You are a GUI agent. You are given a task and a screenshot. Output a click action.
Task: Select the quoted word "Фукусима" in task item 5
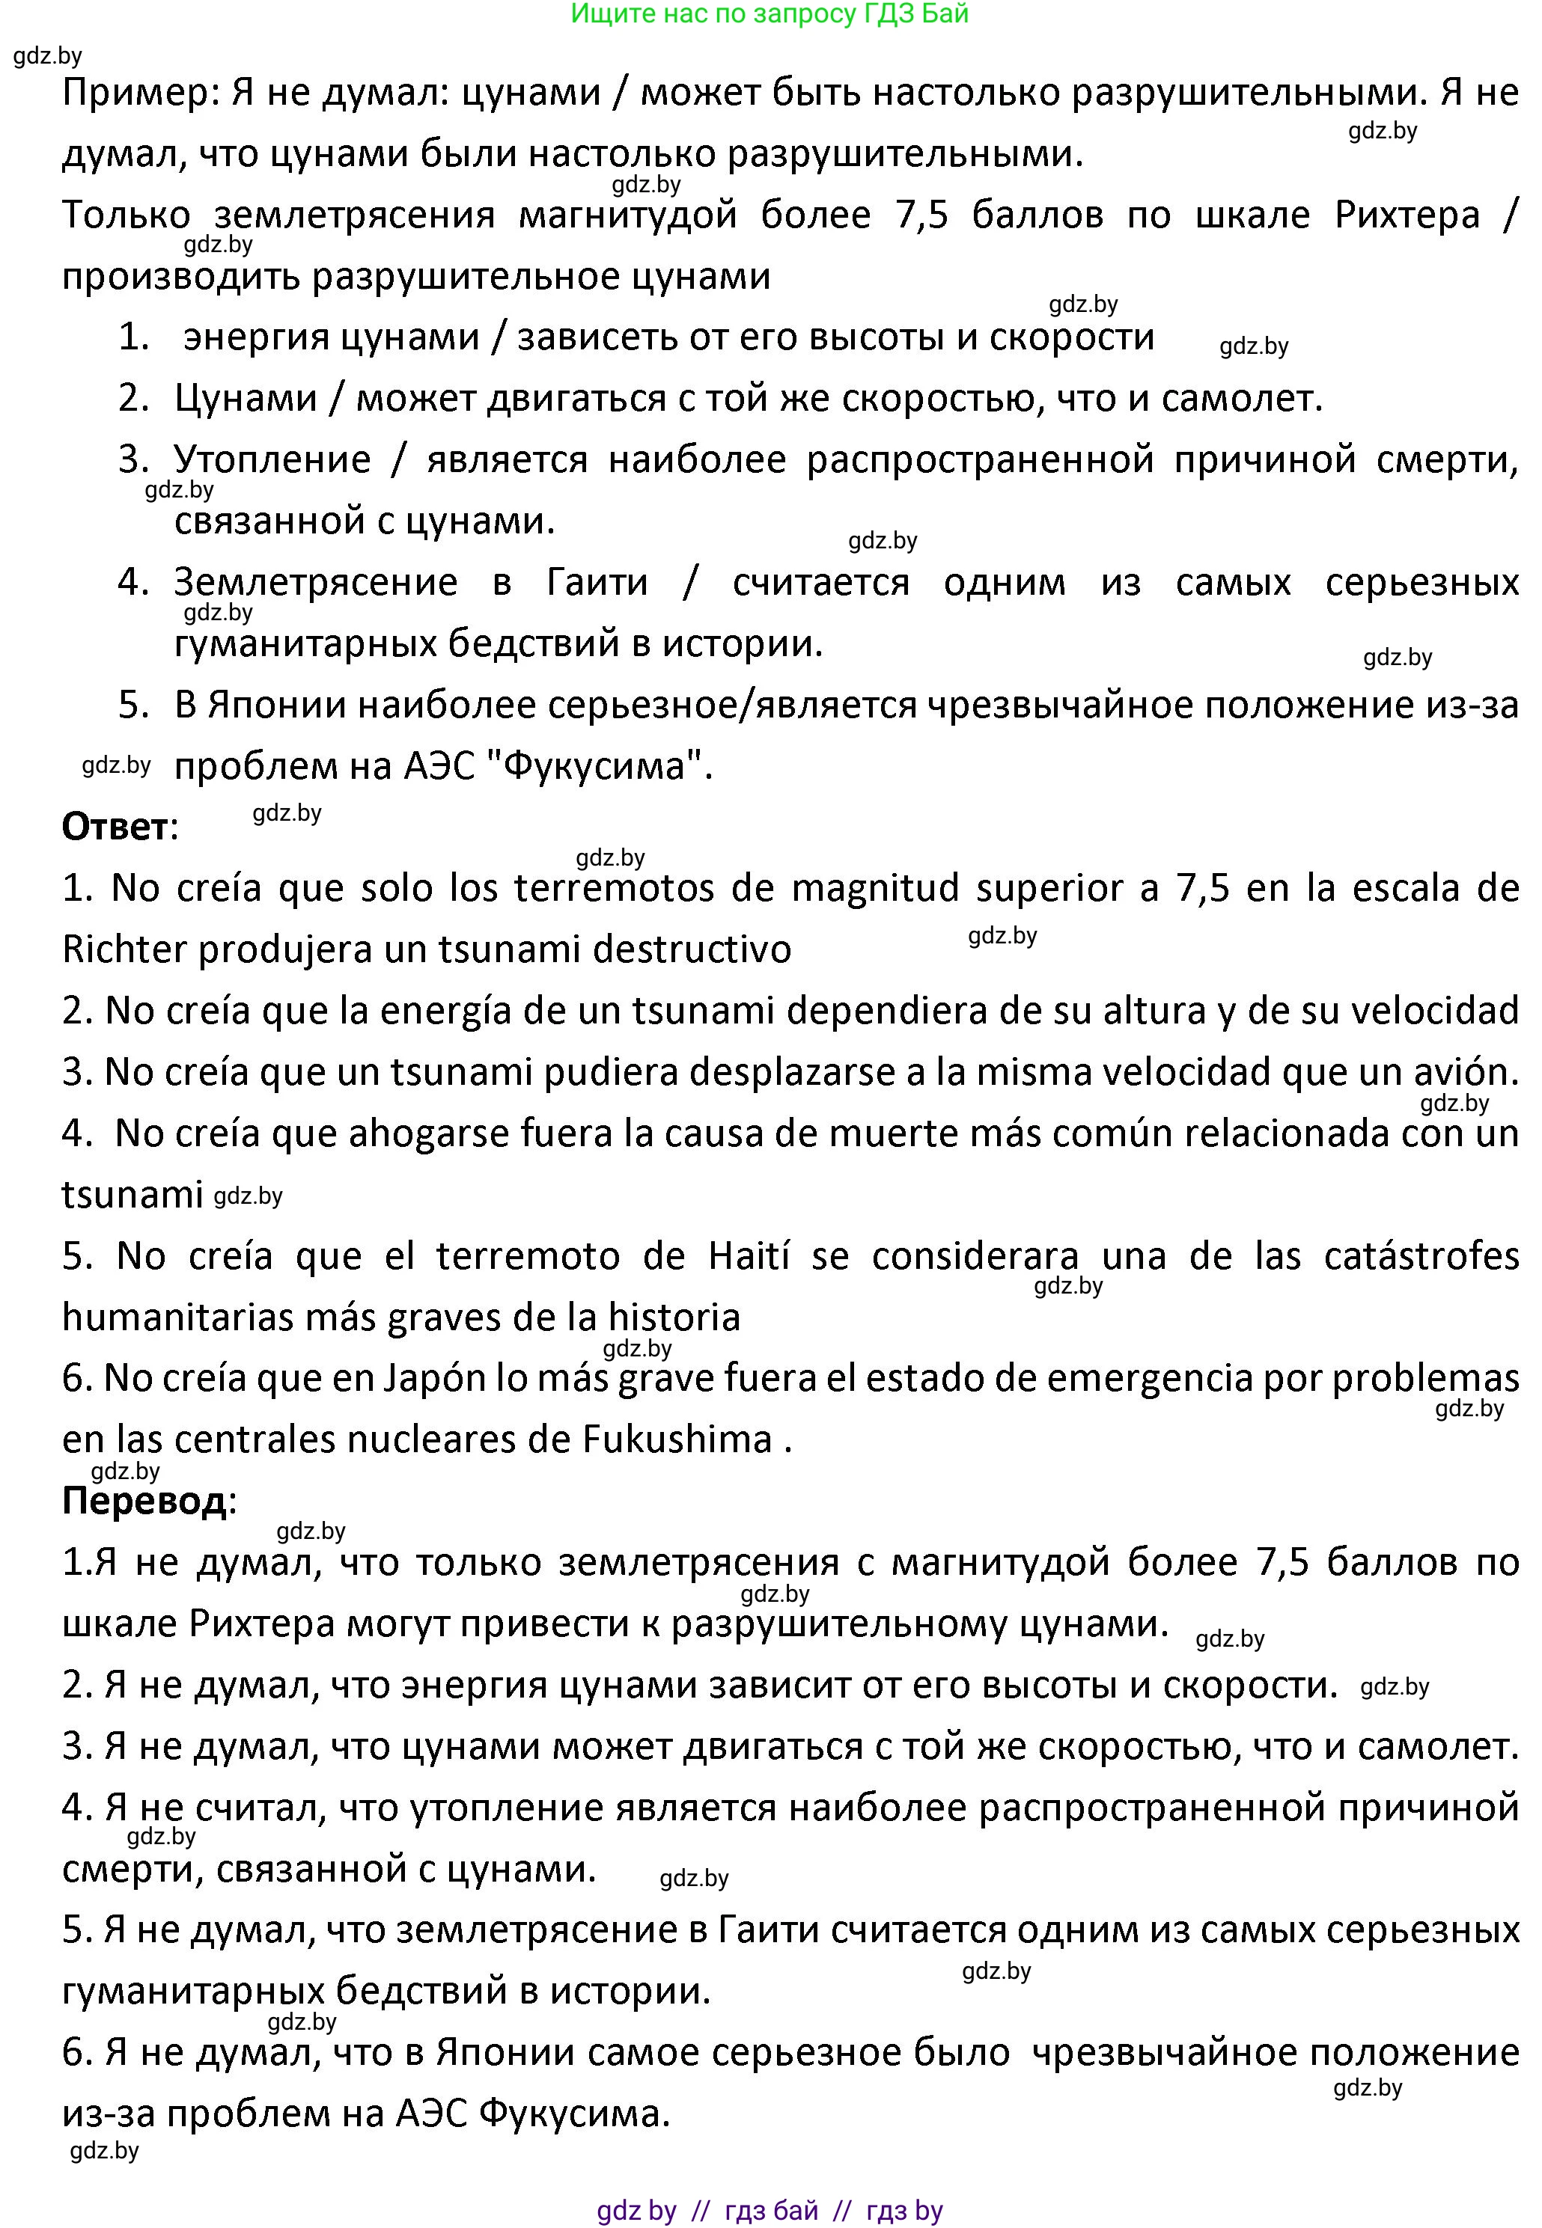click(x=592, y=767)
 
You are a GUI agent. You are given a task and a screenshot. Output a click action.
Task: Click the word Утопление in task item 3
click(x=272, y=459)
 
